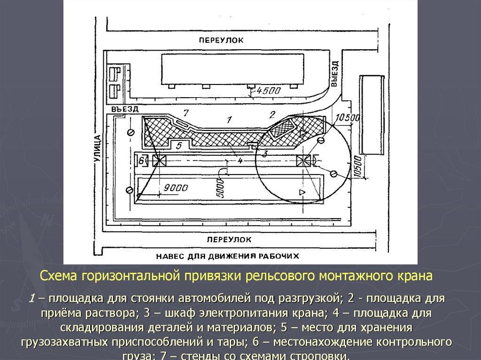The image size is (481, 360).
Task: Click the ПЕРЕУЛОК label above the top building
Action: point(221,40)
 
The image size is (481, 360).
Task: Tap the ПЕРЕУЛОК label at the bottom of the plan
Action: point(229,239)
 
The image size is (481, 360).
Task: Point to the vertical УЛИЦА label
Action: point(98,149)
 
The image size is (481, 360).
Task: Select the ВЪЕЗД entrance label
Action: point(125,109)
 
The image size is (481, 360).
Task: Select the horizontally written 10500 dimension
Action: point(347,117)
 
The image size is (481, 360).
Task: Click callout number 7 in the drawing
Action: point(186,113)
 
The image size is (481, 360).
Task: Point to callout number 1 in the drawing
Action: point(229,120)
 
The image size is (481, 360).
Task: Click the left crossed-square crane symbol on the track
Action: point(160,160)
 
